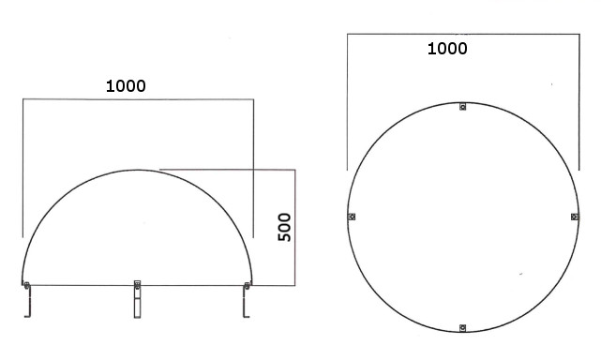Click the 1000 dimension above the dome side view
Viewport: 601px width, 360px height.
(x=126, y=86)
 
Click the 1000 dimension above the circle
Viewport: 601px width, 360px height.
(x=447, y=49)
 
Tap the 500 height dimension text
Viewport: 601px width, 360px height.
(x=284, y=227)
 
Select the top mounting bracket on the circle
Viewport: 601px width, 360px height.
(x=462, y=107)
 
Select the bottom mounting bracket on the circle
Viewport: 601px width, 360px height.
(x=462, y=328)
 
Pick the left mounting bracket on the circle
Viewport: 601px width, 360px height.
(x=352, y=217)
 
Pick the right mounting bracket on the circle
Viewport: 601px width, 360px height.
(x=575, y=217)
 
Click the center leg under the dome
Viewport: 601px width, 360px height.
(x=137, y=299)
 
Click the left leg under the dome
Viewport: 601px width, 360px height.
(x=27, y=301)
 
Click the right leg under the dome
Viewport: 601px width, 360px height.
(x=246, y=301)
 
